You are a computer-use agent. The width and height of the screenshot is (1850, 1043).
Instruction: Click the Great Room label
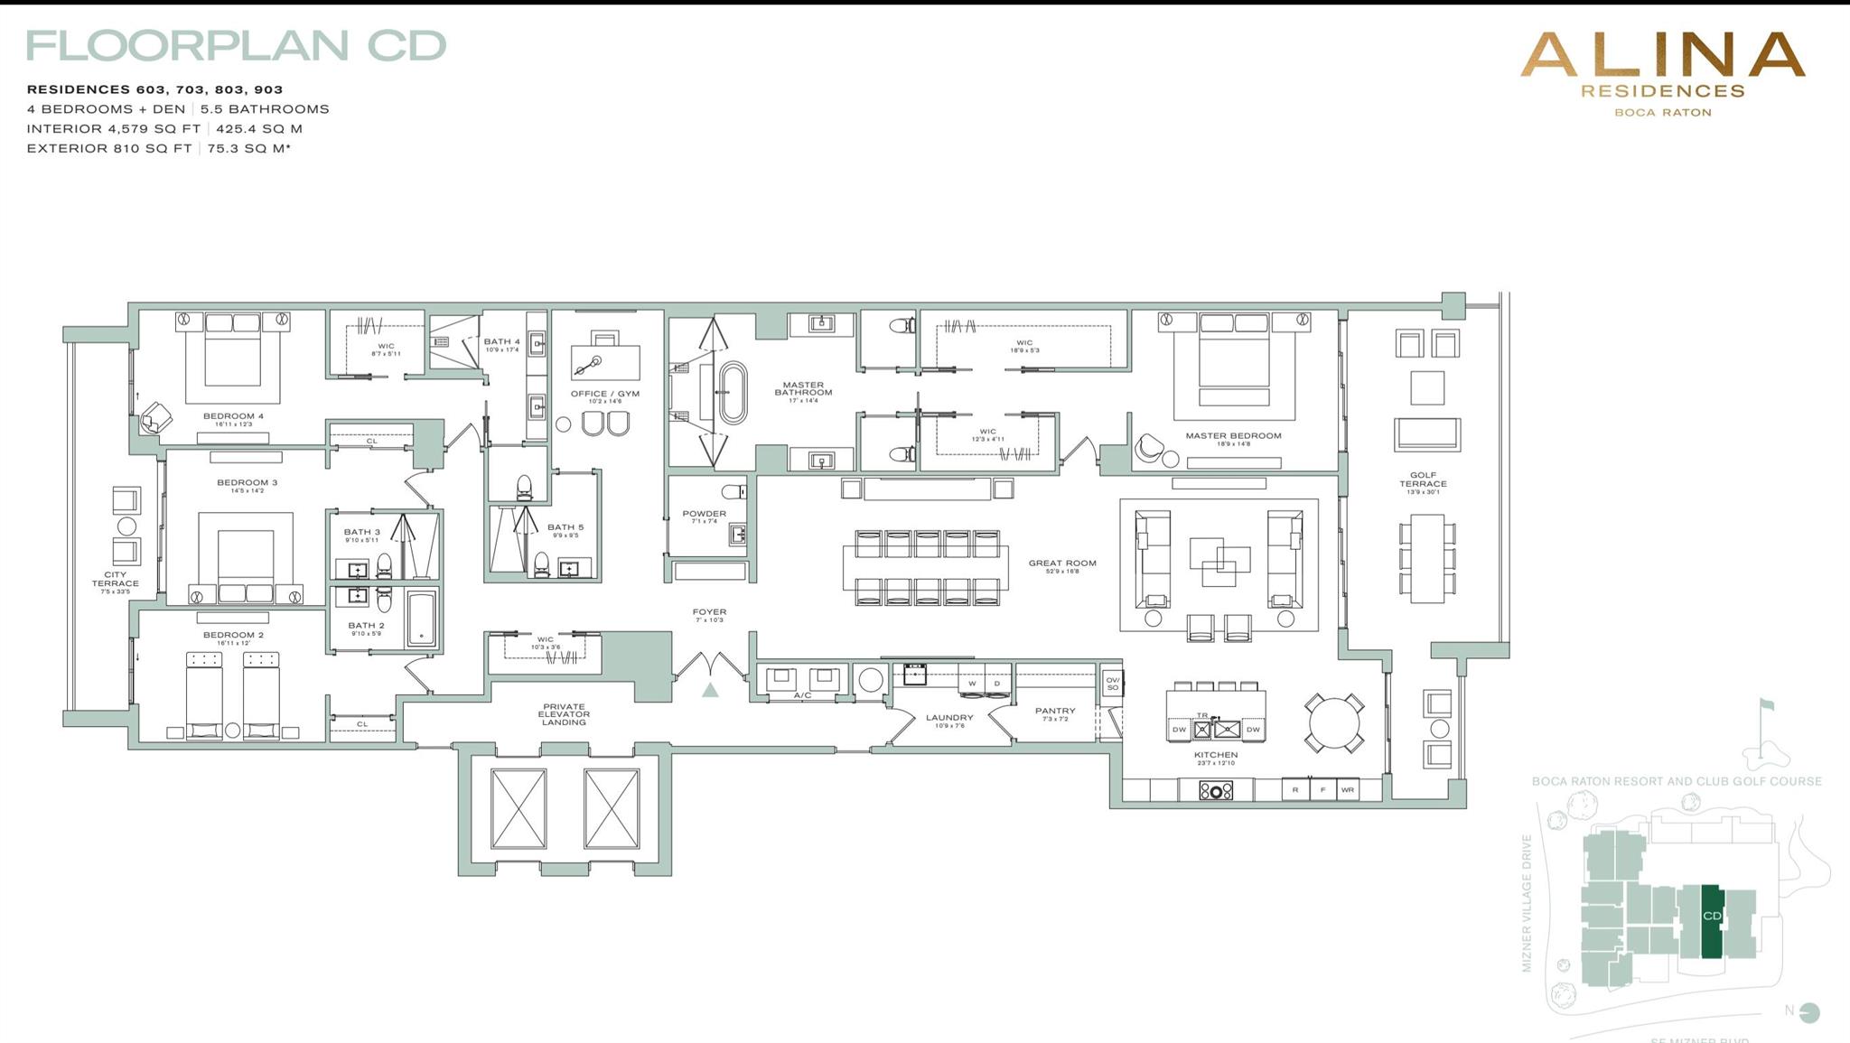coord(1061,563)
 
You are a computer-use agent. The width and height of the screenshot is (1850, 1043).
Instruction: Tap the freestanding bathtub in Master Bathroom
coord(733,393)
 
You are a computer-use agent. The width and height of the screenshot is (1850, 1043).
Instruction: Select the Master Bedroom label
coord(1233,436)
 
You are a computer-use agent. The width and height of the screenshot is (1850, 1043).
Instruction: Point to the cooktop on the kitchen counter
coord(1216,791)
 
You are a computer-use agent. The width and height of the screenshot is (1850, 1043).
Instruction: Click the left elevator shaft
coord(519,808)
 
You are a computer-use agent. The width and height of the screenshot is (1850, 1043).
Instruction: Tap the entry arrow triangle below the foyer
coord(710,691)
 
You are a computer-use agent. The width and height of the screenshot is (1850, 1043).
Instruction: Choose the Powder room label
coord(704,514)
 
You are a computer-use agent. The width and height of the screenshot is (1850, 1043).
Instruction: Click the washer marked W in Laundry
coord(972,684)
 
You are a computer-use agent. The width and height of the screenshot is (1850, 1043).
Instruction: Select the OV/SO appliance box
coord(1112,684)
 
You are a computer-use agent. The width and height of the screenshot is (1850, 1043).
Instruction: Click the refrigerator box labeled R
coord(1295,790)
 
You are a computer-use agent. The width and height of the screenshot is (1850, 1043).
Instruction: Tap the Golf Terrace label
coord(1423,480)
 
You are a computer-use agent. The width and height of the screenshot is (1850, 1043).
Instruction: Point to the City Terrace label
coord(115,579)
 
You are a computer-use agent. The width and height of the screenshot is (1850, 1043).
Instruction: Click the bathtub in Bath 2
coord(421,619)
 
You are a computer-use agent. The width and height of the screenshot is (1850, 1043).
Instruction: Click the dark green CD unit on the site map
coord(1711,921)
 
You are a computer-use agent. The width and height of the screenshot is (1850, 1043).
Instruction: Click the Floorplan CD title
coord(236,46)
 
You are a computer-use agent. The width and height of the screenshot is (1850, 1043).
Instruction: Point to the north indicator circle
coord(1809,1012)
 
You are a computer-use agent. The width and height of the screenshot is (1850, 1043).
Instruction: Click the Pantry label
coord(1055,712)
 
